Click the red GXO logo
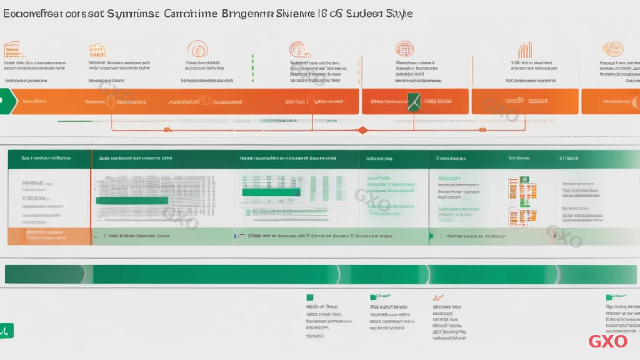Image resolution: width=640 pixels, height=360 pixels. [x=607, y=341]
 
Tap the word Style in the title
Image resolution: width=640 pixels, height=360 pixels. [x=397, y=13]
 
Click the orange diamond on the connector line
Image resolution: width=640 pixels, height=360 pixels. [x=361, y=130]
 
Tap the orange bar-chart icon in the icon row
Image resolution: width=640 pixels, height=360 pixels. [x=524, y=50]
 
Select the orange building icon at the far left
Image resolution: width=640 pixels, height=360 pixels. [x=11, y=49]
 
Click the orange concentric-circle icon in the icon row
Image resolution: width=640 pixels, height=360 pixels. [x=197, y=49]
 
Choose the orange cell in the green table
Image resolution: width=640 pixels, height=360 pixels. [x=49, y=236]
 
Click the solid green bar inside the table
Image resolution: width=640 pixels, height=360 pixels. [x=132, y=201]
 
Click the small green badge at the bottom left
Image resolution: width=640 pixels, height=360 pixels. [x=6, y=330]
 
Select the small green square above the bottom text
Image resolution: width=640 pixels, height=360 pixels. [x=309, y=297]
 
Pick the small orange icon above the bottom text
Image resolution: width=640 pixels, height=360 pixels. [x=438, y=297]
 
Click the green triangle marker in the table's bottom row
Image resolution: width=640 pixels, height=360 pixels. [x=431, y=237]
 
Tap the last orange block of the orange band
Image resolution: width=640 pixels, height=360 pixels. [x=610, y=101]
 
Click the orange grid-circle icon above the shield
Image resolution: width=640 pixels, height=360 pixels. [x=404, y=49]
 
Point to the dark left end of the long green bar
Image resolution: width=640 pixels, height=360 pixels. [x=44, y=274]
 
